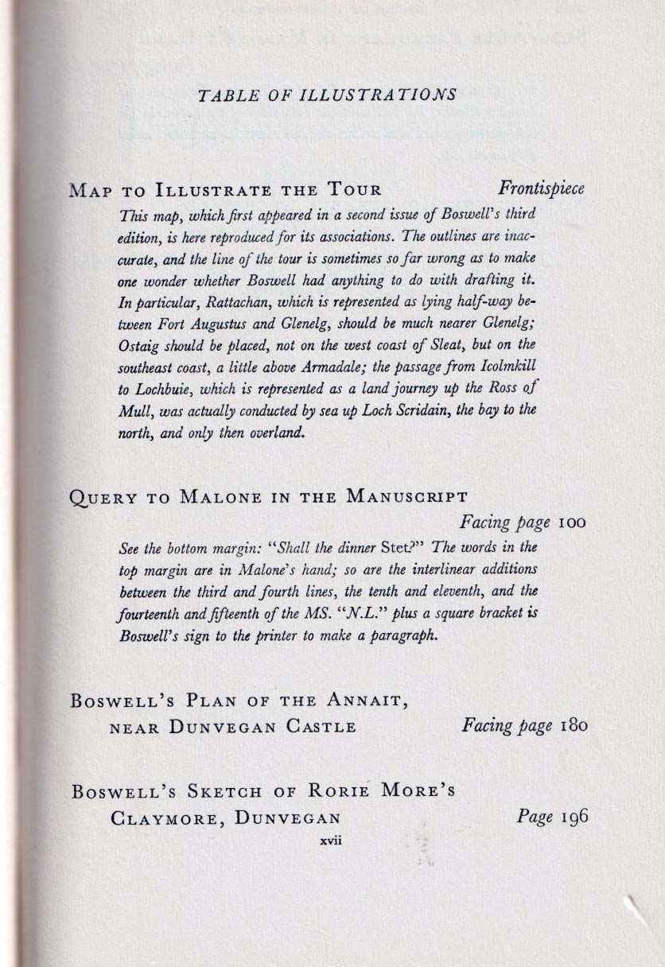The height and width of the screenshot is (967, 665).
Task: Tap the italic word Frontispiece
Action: (541, 189)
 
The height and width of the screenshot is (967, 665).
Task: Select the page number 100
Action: (571, 524)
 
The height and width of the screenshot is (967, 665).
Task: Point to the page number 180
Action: (571, 726)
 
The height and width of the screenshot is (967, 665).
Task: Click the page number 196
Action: (571, 816)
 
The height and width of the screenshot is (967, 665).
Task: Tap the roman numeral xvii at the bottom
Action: (330, 841)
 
